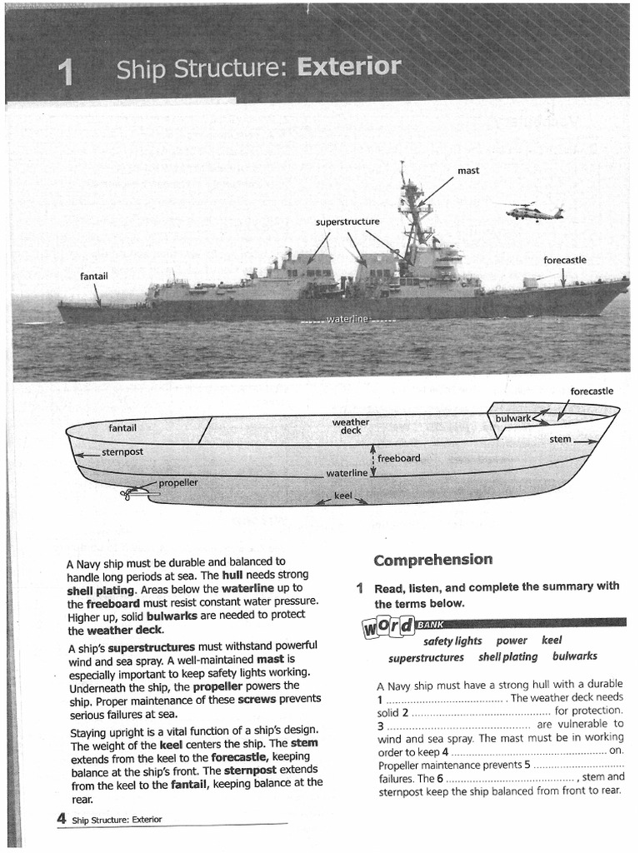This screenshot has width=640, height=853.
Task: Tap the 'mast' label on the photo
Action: [468, 171]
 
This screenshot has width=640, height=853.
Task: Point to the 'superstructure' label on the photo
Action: [347, 222]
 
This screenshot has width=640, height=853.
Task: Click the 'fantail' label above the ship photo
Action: [93, 276]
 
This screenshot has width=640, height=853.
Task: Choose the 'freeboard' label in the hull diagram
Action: [398, 458]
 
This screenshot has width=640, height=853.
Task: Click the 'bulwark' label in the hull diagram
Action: [512, 417]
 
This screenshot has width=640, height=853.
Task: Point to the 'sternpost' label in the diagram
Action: [122, 451]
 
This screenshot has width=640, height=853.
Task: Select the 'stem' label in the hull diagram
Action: [560, 439]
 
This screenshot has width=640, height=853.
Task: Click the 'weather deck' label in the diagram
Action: [350, 426]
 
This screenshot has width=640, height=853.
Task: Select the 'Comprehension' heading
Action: [432, 560]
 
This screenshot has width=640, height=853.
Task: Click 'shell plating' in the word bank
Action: [507, 657]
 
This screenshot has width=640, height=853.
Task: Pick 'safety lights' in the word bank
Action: [452, 641]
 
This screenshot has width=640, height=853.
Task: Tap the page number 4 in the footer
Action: [62, 819]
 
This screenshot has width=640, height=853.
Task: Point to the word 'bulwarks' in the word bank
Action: [574, 657]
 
